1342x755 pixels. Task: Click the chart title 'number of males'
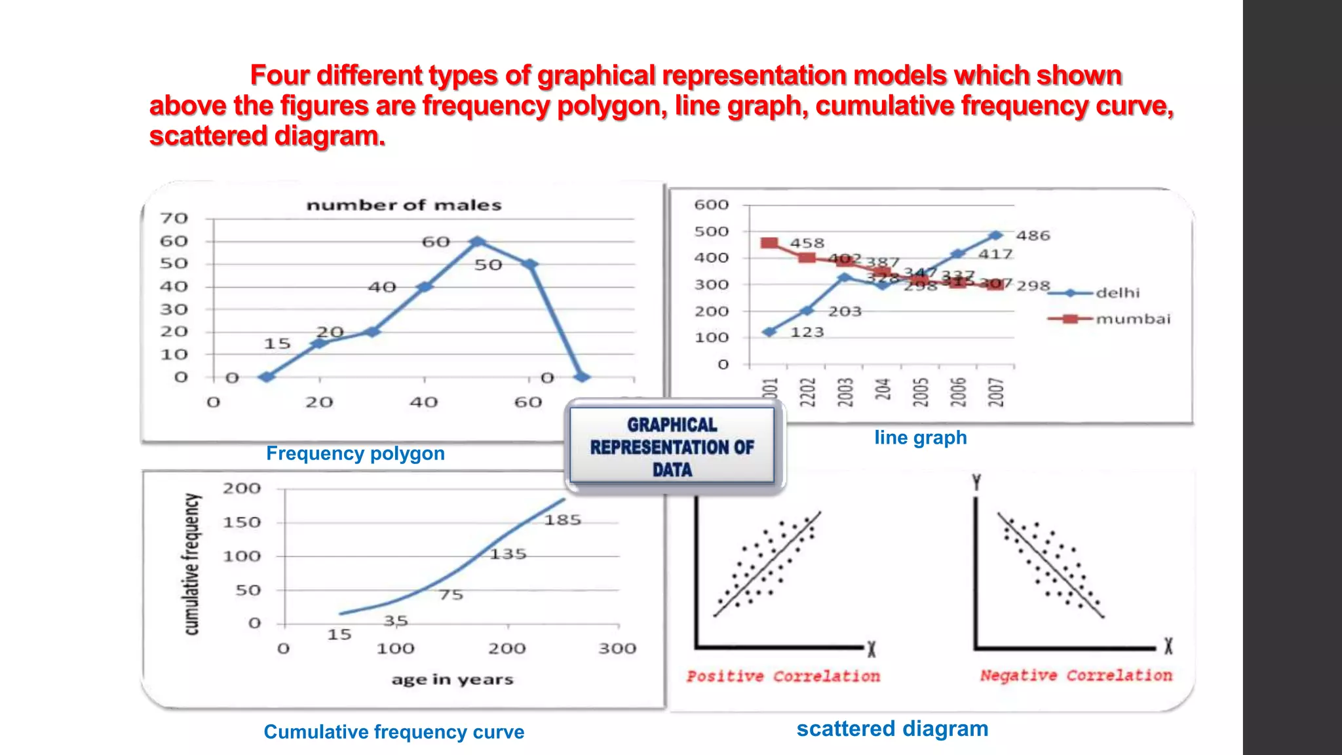(x=404, y=205)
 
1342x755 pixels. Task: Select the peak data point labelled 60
(x=478, y=242)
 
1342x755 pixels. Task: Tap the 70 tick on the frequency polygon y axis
(x=174, y=218)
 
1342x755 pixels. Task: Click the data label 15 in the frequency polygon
(x=277, y=343)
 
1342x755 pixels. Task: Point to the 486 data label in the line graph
(x=1033, y=235)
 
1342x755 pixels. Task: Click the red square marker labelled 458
(x=769, y=243)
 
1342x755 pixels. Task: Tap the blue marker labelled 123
(x=770, y=332)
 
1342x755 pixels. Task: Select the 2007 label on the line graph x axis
(x=996, y=392)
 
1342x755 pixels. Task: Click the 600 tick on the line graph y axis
(x=711, y=205)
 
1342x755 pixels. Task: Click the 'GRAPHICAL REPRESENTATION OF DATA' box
(x=672, y=447)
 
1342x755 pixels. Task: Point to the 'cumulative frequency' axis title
(x=191, y=564)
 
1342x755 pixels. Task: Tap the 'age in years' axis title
(x=452, y=680)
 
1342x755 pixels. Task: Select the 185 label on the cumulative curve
(x=562, y=520)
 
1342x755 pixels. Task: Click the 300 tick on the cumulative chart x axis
(x=617, y=649)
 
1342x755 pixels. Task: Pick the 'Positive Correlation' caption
(x=783, y=676)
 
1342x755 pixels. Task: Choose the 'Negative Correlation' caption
(x=1075, y=676)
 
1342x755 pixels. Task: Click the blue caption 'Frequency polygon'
(x=355, y=454)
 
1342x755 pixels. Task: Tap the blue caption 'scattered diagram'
(x=892, y=729)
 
